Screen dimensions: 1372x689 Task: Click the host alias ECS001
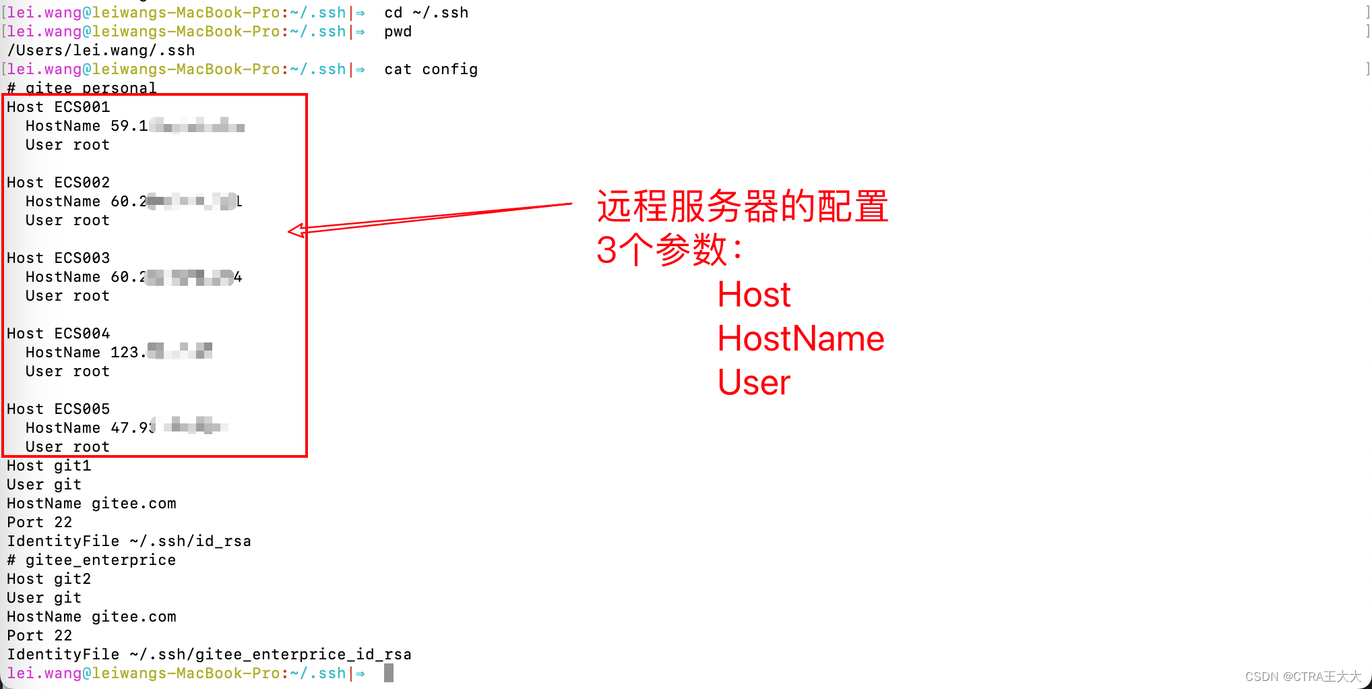pyautogui.click(x=82, y=107)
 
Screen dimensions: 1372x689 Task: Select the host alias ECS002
pyautogui.click(x=82, y=183)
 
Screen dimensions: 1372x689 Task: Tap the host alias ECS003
pyautogui.click(x=82, y=258)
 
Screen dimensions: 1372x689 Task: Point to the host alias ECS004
pyautogui.click(x=82, y=334)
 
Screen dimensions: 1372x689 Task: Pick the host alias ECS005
pyautogui.click(x=82, y=409)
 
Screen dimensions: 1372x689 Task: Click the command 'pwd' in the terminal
pyautogui.click(x=398, y=32)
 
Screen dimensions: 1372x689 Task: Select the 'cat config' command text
pyautogui.click(x=431, y=69)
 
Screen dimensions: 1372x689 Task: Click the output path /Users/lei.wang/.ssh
pyautogui.click(x=101, y=51)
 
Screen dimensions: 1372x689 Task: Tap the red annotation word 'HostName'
pyautogui.click(x=801, y=338)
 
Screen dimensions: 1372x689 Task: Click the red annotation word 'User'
pyautogui.click(x=753, y=382)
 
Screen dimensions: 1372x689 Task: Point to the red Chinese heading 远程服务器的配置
pyautogui.click(x=742, y=206)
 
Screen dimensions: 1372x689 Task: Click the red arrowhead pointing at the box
pyautogui.click(x=297, y=231)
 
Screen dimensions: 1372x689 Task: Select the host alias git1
pyautogui.click(x=72, y=466)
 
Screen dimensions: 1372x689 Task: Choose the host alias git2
pyautogui.click(x=72, y=579)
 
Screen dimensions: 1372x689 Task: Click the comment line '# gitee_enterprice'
pyautogui.click(x=92, y=560)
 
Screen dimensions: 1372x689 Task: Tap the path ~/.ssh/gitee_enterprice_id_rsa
pyautogui.click(x=270, y=655)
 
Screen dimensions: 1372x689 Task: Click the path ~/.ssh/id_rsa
pyautogui.click(x=190, y=541)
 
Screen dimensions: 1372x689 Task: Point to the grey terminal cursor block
pyautogui.click(x=389, y=673)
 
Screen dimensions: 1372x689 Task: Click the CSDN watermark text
pyautogui.click(x=1303, y=676)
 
